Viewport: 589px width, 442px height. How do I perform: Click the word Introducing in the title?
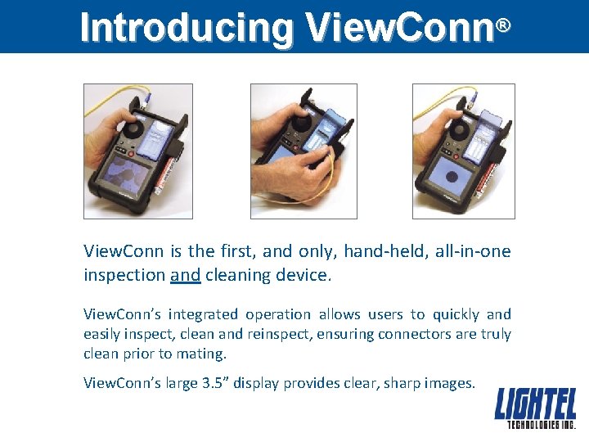[187, 28]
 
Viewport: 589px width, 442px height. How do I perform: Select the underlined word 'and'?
[186, 275]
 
